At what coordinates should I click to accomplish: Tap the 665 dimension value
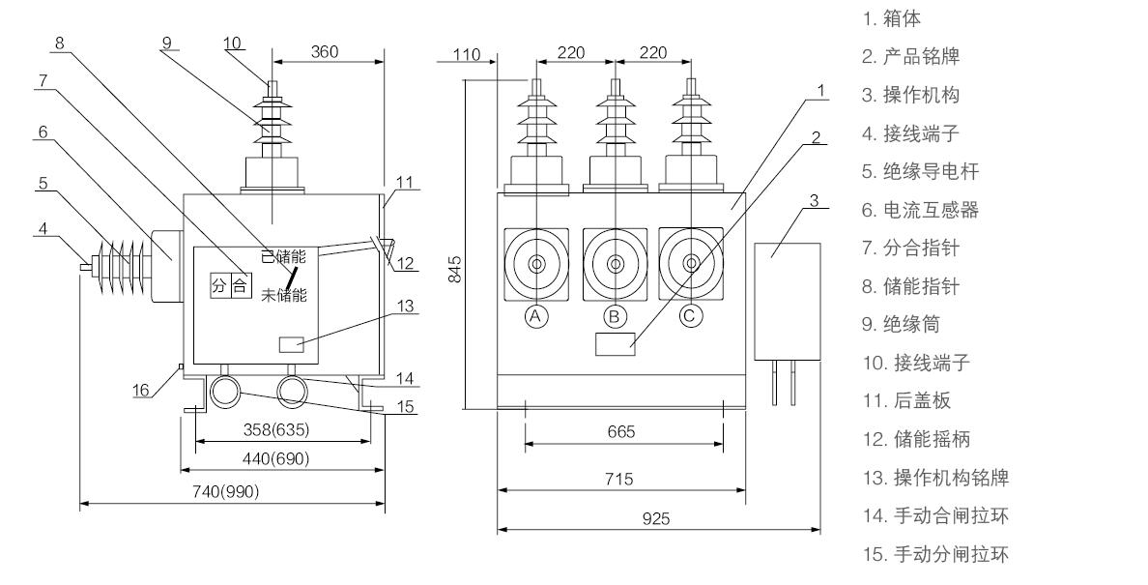click(621, 432)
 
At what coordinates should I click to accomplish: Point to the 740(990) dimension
click(227, 491)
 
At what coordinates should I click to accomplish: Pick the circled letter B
click(613, 316)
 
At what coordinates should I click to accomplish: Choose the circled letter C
click(690, 316)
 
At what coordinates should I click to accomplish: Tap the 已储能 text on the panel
click(283, 256)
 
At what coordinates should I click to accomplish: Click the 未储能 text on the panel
click(283, 294)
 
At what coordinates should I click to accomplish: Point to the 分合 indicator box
click(231, 285)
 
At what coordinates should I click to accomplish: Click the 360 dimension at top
click(325, 51)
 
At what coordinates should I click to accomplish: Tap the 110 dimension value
click(468, 55)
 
